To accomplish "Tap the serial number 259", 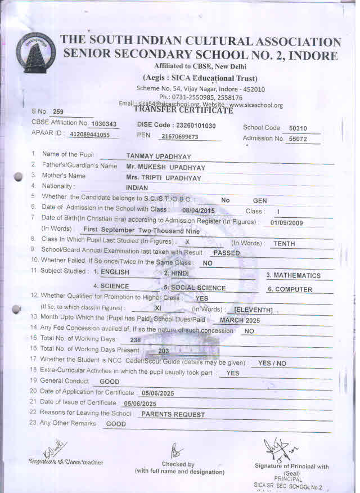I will click(58, 111).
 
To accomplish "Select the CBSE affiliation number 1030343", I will click(104, 124).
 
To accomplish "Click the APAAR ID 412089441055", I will click(91, 136).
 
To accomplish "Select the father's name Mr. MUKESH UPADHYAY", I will click(166, 167).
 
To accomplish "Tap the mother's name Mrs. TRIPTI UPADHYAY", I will click(164, 177).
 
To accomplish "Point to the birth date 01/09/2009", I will click(286, 222).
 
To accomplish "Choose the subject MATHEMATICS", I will click(293, 275).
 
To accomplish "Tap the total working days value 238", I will click(136, 340).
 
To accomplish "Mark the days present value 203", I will click(164, 351).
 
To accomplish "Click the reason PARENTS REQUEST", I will click(173, 414).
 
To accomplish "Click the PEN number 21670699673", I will click(179, 137).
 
